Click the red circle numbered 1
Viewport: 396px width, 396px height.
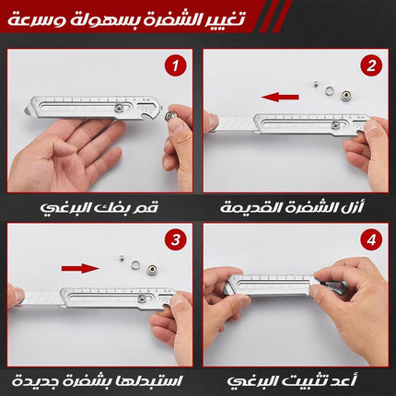(x=175, y=65)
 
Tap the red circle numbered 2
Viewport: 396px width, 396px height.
(x=371, y=65)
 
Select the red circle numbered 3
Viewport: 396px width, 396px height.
(x=175, y=239)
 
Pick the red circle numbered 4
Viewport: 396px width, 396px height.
(x=371, y=239)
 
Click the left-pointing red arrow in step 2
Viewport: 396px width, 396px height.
(x=280, y=98)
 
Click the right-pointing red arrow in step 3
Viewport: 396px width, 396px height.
(x=80, y=269)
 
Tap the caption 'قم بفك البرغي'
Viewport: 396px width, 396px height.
(x=99, y=207)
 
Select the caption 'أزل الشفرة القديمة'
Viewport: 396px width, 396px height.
(x=292, y=207)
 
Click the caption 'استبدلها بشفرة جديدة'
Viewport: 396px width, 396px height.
(x=97, y=381)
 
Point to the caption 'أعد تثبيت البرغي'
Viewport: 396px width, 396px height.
(x=292, y=381)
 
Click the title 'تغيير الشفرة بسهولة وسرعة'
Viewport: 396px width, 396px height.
(x=126, y=20)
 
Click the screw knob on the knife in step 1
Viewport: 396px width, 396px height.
(x=119, y=109)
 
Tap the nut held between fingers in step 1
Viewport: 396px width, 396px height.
(x=169, y=116)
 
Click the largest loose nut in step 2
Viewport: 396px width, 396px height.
(x=345, y=94)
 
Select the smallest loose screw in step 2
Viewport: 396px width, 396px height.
(x=315, y=83)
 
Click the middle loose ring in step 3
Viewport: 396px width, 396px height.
(x=135, y=263)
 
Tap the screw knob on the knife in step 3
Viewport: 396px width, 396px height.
(x=142, y=297)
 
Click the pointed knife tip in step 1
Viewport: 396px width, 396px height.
(x=25, y=110)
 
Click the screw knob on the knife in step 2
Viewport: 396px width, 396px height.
(x=335, y=125)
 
